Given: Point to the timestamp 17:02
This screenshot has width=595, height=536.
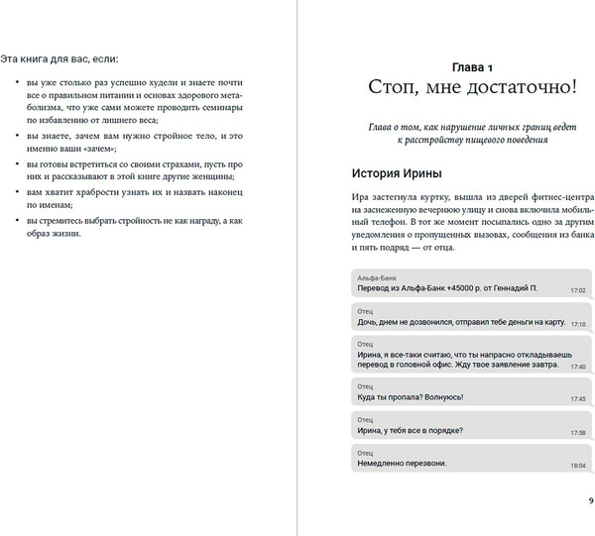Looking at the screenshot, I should pos(578,291).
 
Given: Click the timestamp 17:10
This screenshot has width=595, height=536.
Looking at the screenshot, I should pos(578,324).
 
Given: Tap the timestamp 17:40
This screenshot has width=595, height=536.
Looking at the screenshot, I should pos(578,367).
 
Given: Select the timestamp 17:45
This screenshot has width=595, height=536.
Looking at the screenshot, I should pos(578,399).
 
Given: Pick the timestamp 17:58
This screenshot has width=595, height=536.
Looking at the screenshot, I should pos(578,433).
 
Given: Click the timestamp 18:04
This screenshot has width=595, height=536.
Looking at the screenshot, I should pos(578,466).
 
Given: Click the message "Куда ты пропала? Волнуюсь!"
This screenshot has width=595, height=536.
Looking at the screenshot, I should pos(409,397).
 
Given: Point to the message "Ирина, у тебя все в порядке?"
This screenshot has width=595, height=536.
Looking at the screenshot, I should pos(409,431).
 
